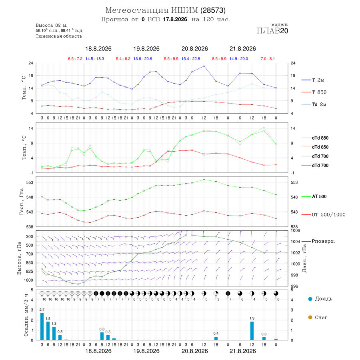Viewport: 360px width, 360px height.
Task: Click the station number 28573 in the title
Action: (x=213, y=10)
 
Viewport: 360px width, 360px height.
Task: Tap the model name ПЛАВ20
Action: (x=272, y=31)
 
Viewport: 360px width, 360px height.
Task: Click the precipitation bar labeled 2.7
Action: (x=42, y=326)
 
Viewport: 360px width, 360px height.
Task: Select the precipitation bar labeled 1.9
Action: (x=252, y=331)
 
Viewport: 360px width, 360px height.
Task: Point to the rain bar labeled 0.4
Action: (x=216, y=338)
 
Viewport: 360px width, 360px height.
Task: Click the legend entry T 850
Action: (x=314, y=92)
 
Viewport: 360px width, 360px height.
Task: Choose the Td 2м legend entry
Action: (x=314, y=104)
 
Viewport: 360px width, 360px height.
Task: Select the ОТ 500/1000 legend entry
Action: (x=323, y=215)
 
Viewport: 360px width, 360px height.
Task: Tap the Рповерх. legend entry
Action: (x=318, y=241)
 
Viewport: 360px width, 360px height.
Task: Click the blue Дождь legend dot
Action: (x=310, y=299)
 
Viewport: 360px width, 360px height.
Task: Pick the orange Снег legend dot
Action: (x=310, y=317)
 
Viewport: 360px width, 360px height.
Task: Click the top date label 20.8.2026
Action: (x=194, y=49)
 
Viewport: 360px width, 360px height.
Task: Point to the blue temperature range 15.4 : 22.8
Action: (x=191, y=59)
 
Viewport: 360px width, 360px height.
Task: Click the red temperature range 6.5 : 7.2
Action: (x=75, y=59)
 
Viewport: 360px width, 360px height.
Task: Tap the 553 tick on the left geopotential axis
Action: (x=30, y=182)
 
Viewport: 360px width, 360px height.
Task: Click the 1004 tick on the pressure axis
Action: (x=295, y=242)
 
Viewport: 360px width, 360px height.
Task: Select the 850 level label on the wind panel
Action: (x=29, y=263)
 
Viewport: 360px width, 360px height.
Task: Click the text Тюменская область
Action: (x=58, y=36)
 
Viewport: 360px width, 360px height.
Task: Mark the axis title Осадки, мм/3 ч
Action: (x=26, y=315)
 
